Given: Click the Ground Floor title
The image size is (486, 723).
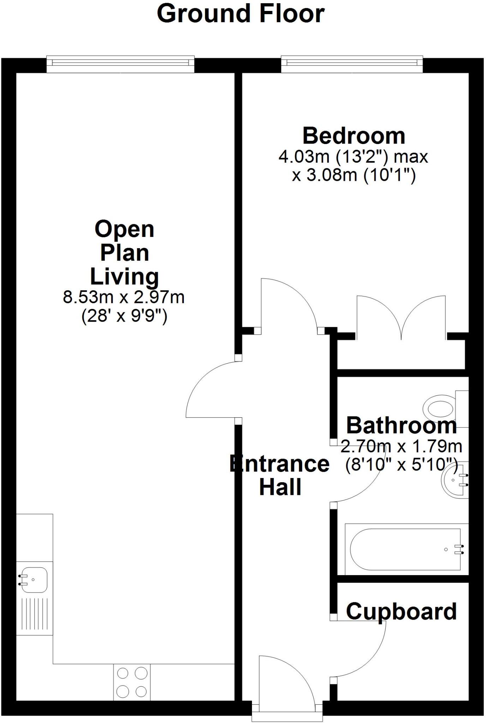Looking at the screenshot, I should pyautogui.click(x=241, y=14).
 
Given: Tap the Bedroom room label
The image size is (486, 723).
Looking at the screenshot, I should pyautogui.click(x=354, y=136).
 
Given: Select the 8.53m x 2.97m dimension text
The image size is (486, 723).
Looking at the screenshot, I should pyautogui.click(x=124, y=297).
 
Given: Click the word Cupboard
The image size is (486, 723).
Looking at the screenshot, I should pyautogui.click(x=401, y=612).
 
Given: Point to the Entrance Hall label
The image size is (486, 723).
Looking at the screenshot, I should pyautogui.click(x=280, y=475).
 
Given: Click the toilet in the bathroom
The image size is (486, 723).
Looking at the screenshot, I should pyautogui.click(x=441, y=409).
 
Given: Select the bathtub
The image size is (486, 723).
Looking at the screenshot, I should pyautogui.click(x=406, y=549).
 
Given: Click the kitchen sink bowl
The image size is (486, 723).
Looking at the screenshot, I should pyautogui.click(x=34, y=580).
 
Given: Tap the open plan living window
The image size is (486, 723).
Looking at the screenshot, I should pyautogui.click(x=120, y=63).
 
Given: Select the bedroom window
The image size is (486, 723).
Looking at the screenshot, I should pyautogui.click(x=352, y=63).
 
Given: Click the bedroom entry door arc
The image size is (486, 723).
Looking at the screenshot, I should pyautogui.click(x=289, y=304).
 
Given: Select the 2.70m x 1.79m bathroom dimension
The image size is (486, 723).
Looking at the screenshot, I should pyautogui.click(x=401, y=447).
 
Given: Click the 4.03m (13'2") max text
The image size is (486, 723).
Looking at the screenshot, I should pyautogui.click(x=353, y=157).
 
